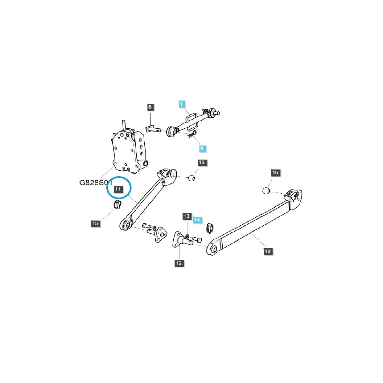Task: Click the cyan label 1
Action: click(181, 104)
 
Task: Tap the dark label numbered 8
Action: click(150, 107)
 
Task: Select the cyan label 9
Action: click(201, 148)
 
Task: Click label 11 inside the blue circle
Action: click(118, 189)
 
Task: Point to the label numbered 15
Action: click(95, 223)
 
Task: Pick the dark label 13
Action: click(186, 216)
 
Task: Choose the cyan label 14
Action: click(197, 220)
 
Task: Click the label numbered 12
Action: click(179, 263)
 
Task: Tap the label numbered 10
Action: click(267, 251)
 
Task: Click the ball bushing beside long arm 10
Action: click(266, 191)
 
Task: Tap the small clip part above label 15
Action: click(116, 205)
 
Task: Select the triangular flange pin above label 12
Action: click(181, 239)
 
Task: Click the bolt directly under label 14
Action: click(197, 239)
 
